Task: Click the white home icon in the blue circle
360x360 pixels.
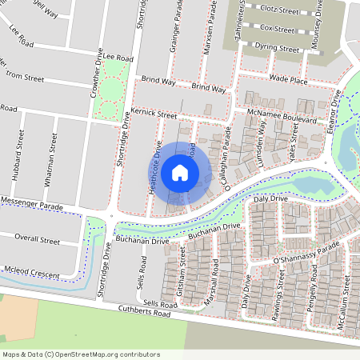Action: (179, 173)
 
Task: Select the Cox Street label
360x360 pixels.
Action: (278, 28)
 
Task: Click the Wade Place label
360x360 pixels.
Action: (288, 80)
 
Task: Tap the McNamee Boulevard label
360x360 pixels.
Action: (282, 118)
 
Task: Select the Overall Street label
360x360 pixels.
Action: (38, 240)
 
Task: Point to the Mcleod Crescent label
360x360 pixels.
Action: (31, 275)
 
